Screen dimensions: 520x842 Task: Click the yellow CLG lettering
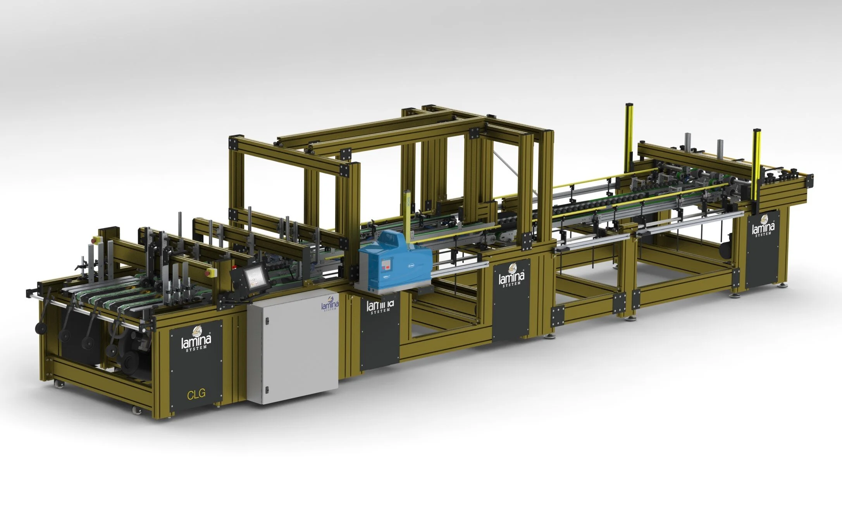coord(196,395)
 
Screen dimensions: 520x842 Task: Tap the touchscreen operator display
coord(254,278)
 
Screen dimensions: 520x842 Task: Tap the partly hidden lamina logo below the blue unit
coord(380,306)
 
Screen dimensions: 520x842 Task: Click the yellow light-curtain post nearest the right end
coord(757,163)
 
